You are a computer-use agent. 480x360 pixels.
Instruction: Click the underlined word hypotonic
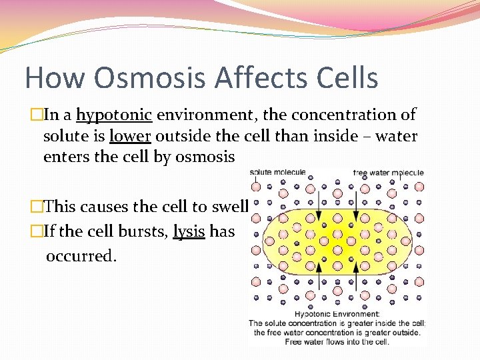point(115,115)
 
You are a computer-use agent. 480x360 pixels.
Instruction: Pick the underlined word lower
point(130,137)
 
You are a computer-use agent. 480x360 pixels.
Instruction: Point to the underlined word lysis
point(189,231)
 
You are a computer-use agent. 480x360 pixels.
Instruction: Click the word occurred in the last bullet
point(81,255)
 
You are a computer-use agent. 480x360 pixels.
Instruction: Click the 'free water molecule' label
point(388,173)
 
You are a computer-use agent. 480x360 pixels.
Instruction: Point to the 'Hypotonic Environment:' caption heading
point(337,314)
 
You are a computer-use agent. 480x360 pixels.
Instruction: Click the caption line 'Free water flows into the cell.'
point(337,342)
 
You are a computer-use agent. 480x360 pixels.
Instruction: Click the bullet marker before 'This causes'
point(36,207)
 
